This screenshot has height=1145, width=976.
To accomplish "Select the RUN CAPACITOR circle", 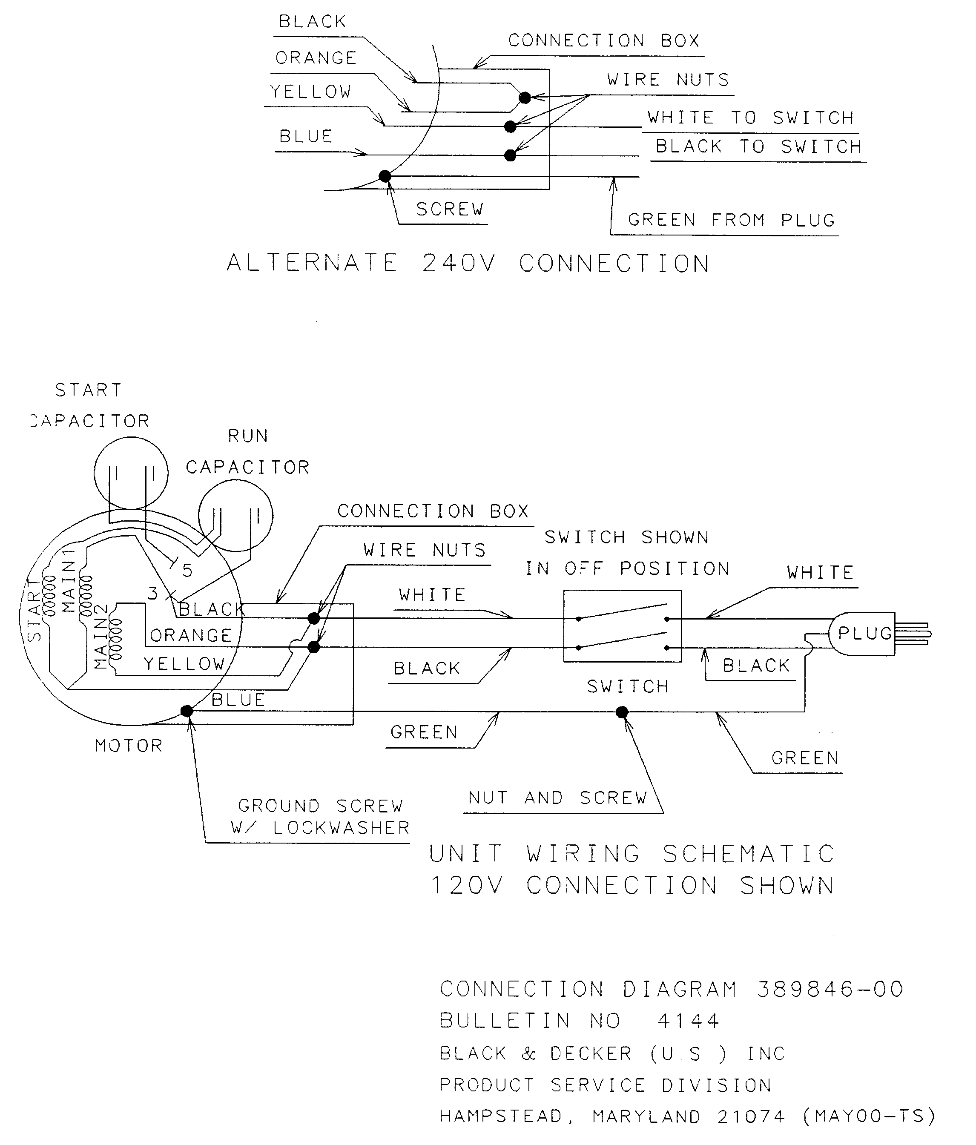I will tap(235, 515).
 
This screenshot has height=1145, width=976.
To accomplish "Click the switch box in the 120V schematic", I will tap(622, 626).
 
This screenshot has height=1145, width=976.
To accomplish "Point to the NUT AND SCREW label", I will tap(557, 798).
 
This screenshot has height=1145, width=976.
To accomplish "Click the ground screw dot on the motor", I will tap(187, 711).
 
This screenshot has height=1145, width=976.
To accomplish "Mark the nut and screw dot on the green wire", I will tap(622, 712).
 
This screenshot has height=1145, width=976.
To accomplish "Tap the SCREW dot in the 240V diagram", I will tap(385, 176).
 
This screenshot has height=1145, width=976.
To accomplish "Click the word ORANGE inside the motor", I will tap(191, 635).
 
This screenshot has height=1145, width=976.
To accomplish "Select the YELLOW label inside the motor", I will tap(184, 664).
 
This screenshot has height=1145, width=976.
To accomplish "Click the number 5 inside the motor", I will tap(187, 570).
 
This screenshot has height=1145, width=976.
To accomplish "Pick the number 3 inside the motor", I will tap(152, 594).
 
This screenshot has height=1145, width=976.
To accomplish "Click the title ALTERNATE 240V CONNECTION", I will tap(468, 263).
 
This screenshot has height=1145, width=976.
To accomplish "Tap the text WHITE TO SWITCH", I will tap(750, 118).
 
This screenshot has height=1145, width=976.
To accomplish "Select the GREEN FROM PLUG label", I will tap(731, 220).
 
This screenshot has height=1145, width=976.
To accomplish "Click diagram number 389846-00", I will tap(830, 989).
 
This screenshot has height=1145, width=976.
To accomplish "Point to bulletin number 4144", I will tap(688, 1021).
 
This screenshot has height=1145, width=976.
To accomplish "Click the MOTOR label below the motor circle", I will tap(129, 746).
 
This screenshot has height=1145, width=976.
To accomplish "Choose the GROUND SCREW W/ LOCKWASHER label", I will tap(321, 817).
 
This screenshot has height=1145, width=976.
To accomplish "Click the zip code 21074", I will tap(750, 1116).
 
